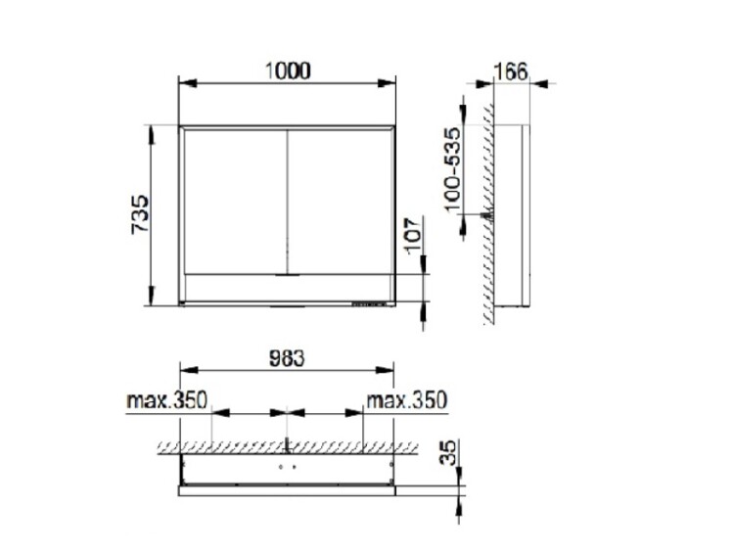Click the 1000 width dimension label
coord(288,71)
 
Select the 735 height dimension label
coord(140,214)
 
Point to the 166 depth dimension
coord(511,71)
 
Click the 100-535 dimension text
coord(452,169)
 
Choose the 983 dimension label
coord(287,358)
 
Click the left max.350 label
coord(166,400)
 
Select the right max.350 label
coord(406,400)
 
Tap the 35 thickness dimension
coord(448,452)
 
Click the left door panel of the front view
coord(236,202)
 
